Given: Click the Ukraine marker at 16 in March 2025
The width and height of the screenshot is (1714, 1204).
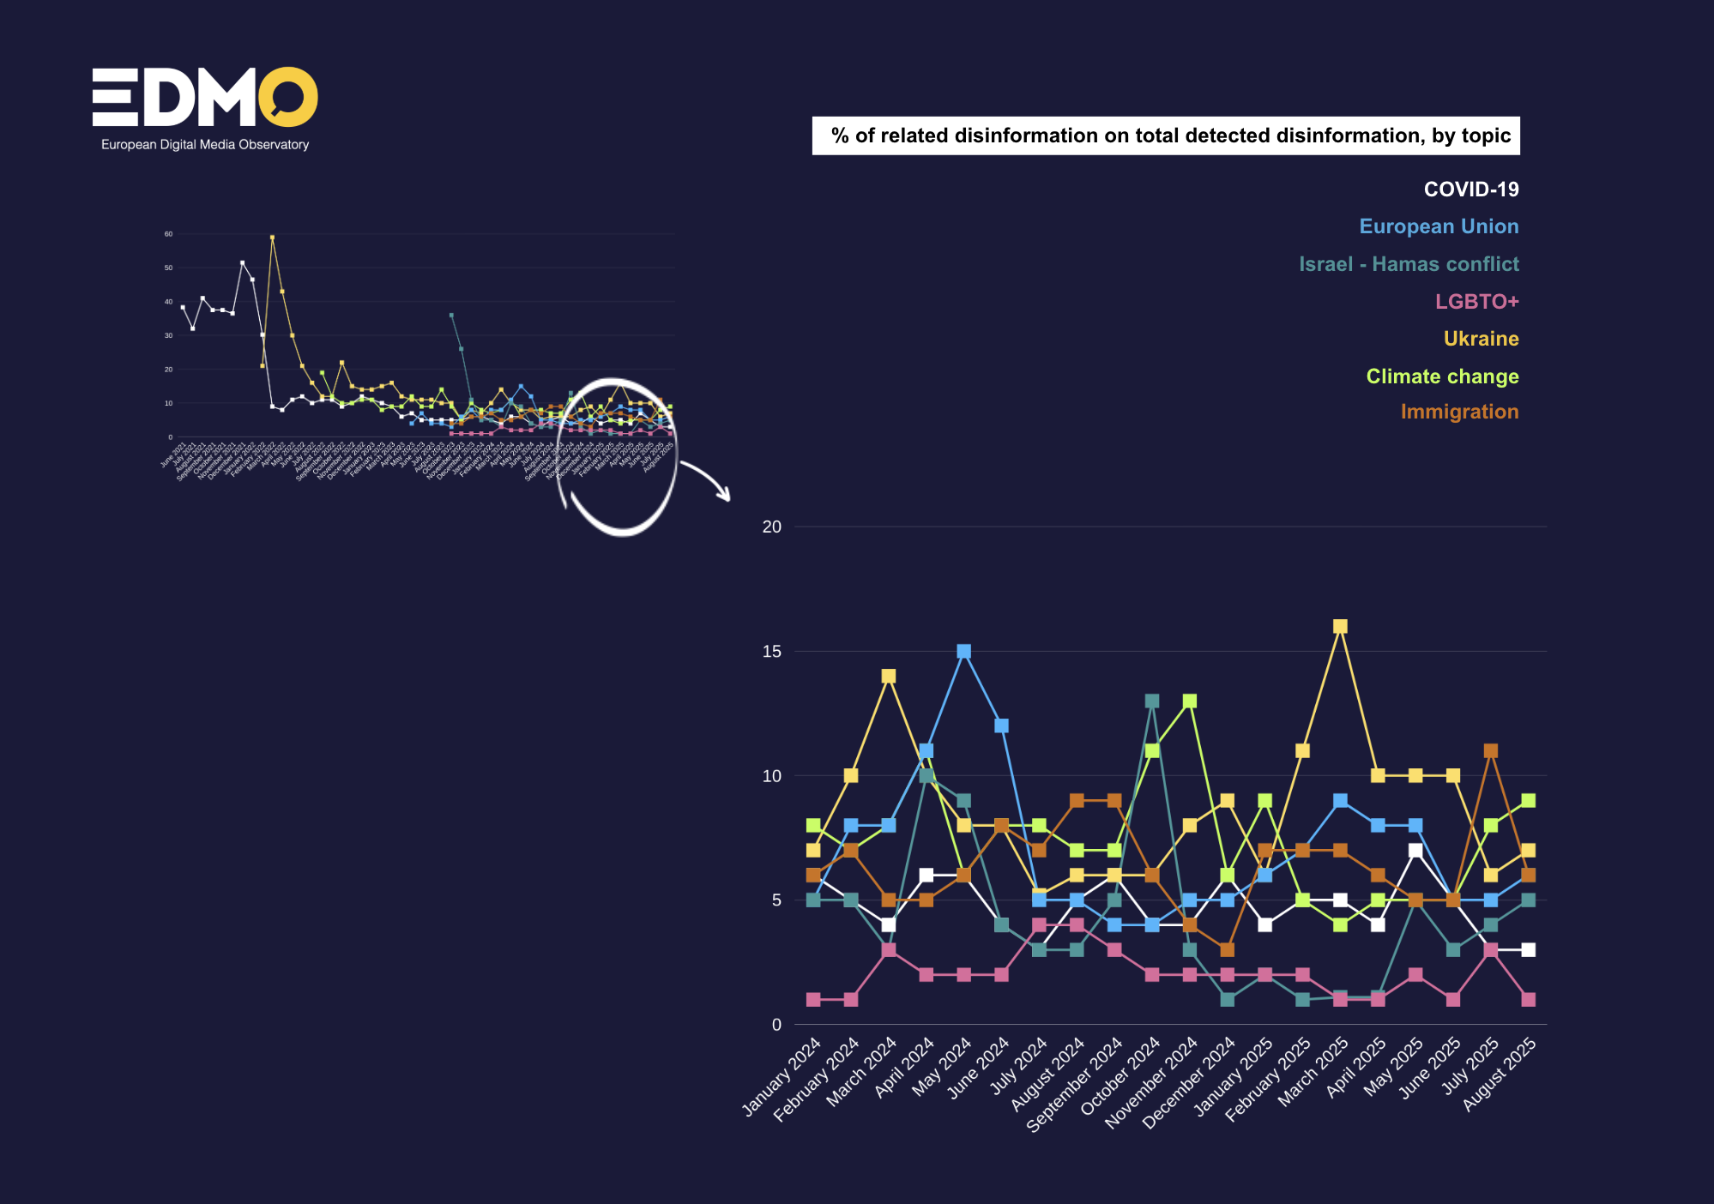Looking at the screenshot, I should point(1340,627).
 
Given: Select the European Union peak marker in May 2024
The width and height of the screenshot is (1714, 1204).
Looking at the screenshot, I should point(963,652).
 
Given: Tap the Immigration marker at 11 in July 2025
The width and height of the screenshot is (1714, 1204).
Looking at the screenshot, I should point(1490,751).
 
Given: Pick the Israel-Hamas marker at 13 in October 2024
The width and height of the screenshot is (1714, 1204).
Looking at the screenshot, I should point(1152,701).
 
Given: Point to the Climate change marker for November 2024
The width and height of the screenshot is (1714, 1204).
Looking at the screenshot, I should point(1190,701).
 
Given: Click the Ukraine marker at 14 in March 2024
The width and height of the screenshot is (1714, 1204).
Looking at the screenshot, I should point(889,677).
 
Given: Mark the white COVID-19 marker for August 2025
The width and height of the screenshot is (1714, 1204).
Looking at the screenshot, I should point(1528,950).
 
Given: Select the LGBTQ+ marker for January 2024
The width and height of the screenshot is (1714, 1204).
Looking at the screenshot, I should point(813,1000).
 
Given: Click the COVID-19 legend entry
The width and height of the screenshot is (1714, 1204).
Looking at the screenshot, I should point(1470,190).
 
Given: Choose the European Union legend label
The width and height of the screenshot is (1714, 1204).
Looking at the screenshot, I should point(1439,226).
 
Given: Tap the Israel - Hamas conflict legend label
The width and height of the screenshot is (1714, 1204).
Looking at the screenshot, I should point(1409,264).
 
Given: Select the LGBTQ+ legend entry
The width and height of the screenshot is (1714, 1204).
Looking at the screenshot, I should point(1476,302).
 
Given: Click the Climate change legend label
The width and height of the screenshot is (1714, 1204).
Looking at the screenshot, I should point(1442,376).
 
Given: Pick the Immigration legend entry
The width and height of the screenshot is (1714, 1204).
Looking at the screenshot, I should point(1459,412).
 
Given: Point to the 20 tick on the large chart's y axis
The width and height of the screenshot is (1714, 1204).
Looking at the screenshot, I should point(772,527).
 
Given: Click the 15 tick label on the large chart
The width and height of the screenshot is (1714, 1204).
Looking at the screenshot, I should point(772,652).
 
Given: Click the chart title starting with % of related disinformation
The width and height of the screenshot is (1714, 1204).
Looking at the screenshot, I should point(1166,135).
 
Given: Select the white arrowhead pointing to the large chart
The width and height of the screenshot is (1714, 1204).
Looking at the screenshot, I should point(724,495).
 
